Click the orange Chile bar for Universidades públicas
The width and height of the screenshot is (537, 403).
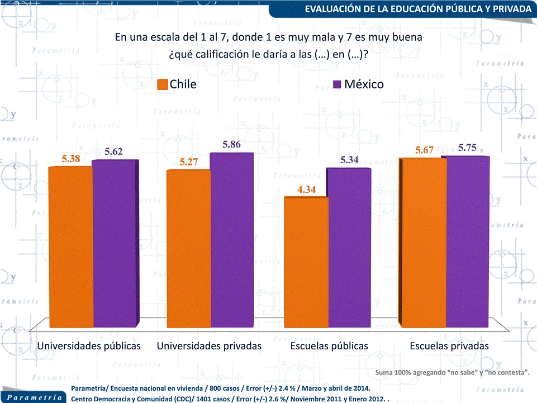point(70,246)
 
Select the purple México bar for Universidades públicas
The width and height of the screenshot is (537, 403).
point(115,243)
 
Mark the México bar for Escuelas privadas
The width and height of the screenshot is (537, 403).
point(468,241)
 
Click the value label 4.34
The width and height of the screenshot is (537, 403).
point(307,189)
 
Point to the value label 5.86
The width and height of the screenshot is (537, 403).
point(231,144)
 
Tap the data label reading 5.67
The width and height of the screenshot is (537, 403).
point(424,150)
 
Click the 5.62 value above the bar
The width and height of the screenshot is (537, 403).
point(113,151)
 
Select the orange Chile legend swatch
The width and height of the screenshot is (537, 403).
point(163,84)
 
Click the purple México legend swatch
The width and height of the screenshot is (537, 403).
point(337,84)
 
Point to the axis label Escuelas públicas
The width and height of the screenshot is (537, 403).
point(329,346)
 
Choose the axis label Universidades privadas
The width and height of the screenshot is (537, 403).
point(209,346)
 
